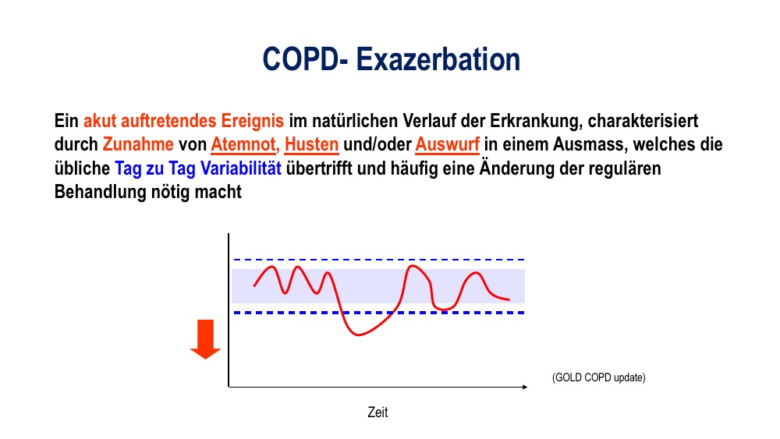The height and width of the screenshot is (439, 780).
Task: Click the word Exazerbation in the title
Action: [438, 59]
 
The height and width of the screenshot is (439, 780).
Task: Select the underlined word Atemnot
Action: [244, 145]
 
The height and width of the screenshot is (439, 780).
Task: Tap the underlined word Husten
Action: [311, 145]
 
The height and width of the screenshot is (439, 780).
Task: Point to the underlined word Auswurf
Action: [447, 145]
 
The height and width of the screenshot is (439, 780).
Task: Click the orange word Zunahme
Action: [138, 145]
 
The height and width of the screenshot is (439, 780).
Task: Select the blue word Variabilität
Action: [241, 168]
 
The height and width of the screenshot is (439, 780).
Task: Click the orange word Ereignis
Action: [252, 122]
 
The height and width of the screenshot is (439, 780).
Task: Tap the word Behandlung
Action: [100, 193]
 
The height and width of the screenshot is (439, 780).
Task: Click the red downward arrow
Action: [205, 339]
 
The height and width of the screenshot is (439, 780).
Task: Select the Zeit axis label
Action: [378, 412]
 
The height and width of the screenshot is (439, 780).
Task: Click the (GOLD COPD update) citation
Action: [599, 378]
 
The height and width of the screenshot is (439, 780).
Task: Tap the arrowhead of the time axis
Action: [525, 387]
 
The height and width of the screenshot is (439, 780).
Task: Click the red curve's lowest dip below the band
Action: [358, 335]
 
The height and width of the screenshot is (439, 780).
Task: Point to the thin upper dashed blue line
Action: [379, 260]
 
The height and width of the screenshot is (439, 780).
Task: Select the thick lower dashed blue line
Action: [379, 313]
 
